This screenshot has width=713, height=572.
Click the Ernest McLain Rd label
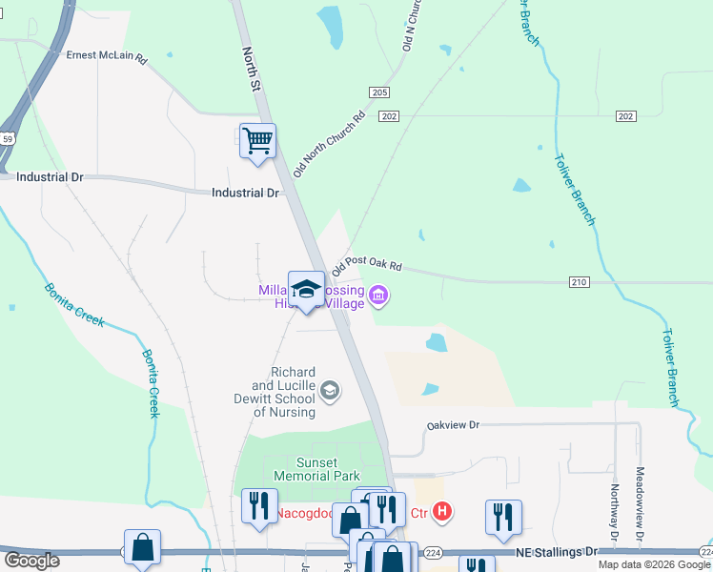106,57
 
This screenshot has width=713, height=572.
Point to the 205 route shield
379,92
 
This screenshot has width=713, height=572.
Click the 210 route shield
581,282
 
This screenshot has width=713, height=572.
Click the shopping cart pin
257,141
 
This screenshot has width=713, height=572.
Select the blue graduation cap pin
306,290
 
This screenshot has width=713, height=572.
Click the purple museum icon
378,296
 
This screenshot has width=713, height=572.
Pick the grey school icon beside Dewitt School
330,389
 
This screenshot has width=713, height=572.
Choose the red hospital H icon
440,513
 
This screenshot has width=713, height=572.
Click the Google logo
31,560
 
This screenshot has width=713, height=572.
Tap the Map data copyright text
654,564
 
